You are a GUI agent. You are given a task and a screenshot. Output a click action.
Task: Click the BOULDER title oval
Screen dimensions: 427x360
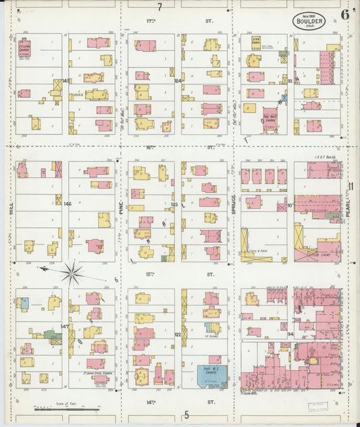click(309, 21)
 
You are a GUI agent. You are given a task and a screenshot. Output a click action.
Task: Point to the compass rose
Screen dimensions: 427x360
click(72, 273)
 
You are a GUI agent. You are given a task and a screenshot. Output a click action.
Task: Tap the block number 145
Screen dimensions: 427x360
click(66, 81)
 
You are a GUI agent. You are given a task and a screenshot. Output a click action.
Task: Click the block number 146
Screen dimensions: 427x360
click(66, 203)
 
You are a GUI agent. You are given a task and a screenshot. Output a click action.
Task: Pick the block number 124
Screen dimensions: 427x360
click(178, 81)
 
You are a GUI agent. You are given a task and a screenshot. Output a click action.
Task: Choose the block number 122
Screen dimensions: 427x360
click(178, 334)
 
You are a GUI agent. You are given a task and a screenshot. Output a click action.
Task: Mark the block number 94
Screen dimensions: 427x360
click(291, 334)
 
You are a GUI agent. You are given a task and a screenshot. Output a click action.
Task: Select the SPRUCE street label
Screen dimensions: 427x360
click(234, 203)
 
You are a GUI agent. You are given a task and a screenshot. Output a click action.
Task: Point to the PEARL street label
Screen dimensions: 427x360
click(349, 203)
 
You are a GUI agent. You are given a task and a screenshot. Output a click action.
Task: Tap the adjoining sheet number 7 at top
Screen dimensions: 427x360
click(160, 7)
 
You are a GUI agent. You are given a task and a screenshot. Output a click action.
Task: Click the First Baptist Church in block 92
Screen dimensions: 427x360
click(270, 117)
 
